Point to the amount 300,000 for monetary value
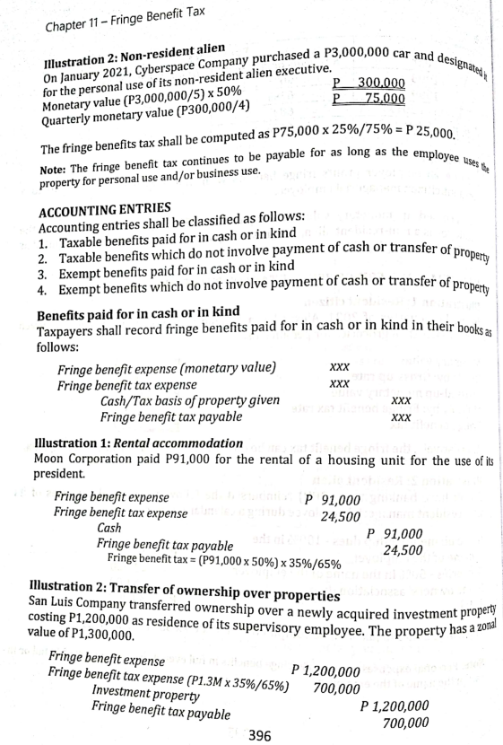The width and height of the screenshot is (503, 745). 380,83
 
